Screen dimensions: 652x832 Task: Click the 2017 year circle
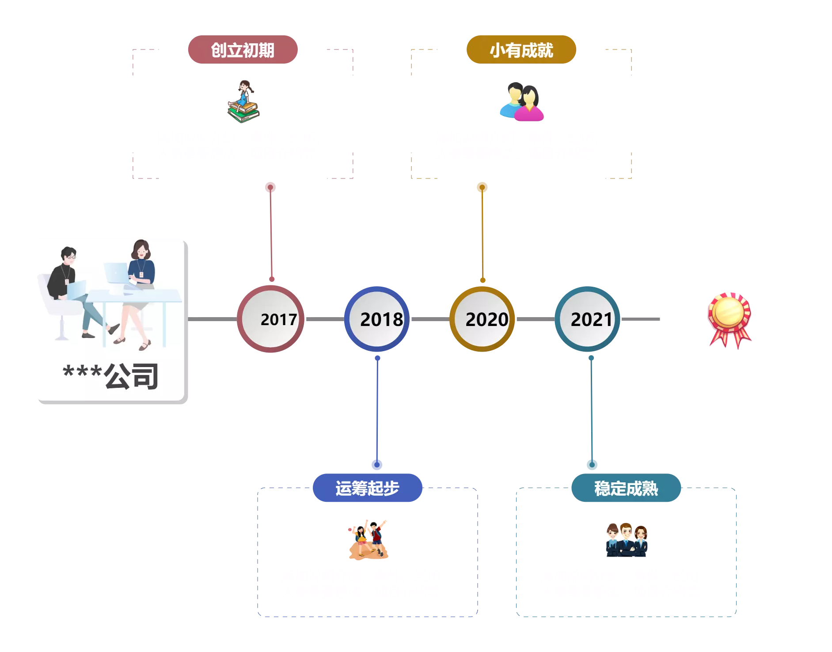270,319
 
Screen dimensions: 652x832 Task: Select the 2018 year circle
376,319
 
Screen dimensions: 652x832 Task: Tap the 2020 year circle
482,319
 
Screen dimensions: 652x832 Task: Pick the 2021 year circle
588,319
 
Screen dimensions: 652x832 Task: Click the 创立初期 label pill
243,50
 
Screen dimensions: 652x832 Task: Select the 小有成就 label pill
521,50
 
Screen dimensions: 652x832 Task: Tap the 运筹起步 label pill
367,488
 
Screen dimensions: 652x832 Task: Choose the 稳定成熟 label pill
626,488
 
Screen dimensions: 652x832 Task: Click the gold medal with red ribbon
729,319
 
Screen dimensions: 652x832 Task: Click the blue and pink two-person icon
522,102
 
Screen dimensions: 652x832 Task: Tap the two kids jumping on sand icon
368,540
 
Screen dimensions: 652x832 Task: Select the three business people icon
627,540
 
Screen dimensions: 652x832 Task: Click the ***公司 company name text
110,376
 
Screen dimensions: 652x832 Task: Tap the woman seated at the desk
140,283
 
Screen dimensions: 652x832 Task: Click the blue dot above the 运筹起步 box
376,465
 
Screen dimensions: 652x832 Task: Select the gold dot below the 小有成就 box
482,187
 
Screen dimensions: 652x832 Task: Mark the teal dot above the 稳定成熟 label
592,465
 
